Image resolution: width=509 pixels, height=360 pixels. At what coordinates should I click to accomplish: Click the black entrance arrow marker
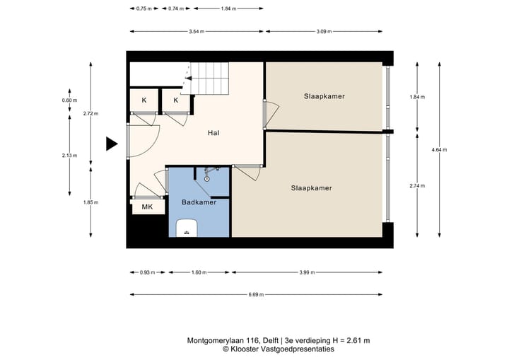[x=111, y=144]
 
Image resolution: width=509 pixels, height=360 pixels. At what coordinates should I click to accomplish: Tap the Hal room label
[x=213, y=133]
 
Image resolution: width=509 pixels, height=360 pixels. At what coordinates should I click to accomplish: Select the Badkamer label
[x=199, y=202]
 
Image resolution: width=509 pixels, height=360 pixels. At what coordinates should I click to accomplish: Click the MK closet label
[x=147, y=207]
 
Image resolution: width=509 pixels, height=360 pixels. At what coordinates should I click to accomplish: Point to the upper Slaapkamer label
[x=324, y=95]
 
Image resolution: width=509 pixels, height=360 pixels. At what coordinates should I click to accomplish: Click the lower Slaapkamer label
[x=311, y=188]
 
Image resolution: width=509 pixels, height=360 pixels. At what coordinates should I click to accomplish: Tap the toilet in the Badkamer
[x=186, y=228]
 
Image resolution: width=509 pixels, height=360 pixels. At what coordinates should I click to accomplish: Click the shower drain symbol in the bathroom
[x=206, y=178]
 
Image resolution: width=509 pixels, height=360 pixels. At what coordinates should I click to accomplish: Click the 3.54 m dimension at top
[x=197, y=31]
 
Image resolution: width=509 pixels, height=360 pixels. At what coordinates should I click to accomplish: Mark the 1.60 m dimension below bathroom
[x=199, y=272]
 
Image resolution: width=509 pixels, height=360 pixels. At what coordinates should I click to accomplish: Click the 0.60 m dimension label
[x=69, y=100]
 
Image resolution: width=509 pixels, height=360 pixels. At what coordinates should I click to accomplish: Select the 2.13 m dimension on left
[x=69, y=156]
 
